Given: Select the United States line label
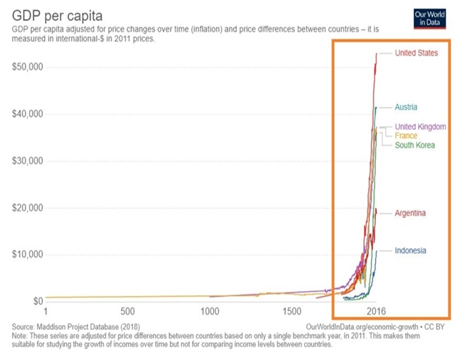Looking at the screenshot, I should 416,53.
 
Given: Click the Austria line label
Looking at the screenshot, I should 406,107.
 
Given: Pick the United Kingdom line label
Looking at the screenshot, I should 420,126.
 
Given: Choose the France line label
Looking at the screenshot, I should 406,136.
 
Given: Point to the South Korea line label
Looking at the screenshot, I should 415,145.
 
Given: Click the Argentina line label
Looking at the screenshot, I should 411,213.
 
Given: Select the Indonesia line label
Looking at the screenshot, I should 410,250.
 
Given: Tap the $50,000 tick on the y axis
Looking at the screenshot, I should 28,67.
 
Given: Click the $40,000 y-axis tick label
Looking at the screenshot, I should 28,114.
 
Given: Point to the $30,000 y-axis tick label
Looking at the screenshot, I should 28,161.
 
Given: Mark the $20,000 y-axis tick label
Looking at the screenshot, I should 28,208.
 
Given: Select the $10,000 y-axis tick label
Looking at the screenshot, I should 28,255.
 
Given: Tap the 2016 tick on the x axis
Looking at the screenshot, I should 376,311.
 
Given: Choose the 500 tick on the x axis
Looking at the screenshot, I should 128,311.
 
